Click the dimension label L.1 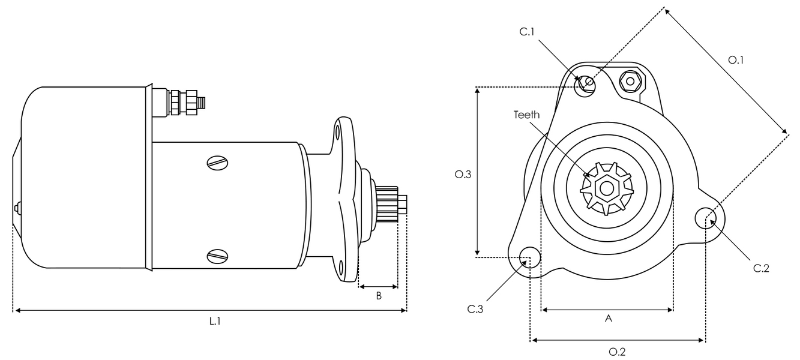pyautogui.click(x=215, y=322)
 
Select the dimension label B pyautogui.click(x=379, y=296)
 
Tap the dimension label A pyautogui.click(x=608, y=320)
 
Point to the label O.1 pyautogui.click(x=736, y=60)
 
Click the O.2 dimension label pyautogui.click(x=617, y=352)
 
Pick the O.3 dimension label pyautogui.click(x=463, y=175)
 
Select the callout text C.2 pyautogui.click(x=761, y=268)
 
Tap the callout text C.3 pyautogui.click(x=475, y=309)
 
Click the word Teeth pyautogui.click(x=526, y=115)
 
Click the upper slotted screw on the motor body pyautogui.click(x=217, y=162)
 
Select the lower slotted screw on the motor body pyautogui.click(x=217, y=256)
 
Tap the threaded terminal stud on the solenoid pyautogui.click(x=202, y=102)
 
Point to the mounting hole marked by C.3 pyautogui.click(x=529, y=256)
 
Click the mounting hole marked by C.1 pyautogui.click(x=586, y=85)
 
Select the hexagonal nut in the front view pyautogui.click(x=630, y=80)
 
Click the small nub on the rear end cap pyautogui.click(x=16, y=208)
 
